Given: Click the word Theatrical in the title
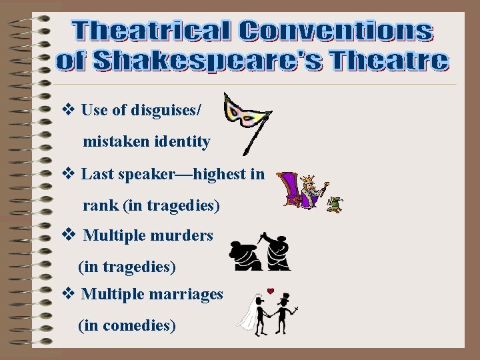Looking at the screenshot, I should pyautogui.click(x=154, y=31).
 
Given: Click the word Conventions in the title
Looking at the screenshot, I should pyautogui.click(x=337, y=31).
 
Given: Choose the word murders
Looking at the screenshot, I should pyautogui.click(x=183, y=235).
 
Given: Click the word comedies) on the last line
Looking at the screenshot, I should pyautogui.click(x=146, y=325).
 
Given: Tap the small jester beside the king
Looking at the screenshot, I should pyautogui.click(x=334, y=204).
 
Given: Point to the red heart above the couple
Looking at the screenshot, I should pyautogui.click(x=271, y=291).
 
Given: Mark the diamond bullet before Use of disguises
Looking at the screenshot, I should pyautogui.click(x=67, y=110).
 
